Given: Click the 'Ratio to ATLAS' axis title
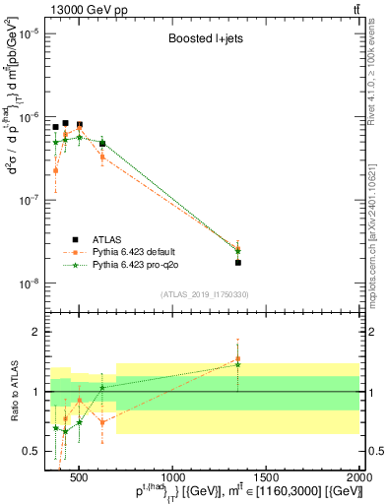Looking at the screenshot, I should (x=13, y=391).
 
